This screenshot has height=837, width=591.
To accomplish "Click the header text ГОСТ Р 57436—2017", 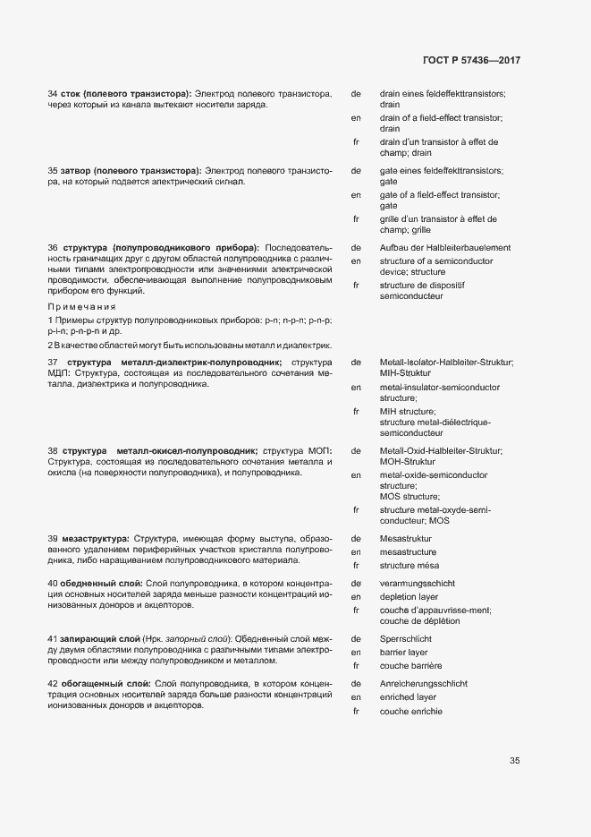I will pos(470,61).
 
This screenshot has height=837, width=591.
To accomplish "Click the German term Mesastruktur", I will pos(405,539).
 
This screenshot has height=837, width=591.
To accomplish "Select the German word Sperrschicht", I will pos(405,639).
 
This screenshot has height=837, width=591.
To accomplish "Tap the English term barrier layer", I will pos(405,653).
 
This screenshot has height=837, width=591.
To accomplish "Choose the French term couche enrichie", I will pos(410,711).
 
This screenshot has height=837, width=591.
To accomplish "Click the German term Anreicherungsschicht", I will pos(423,683).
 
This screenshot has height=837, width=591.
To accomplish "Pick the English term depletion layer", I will pos(409,596).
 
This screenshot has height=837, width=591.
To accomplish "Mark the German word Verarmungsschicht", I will pos(418,583).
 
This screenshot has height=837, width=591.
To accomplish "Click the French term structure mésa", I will pos(409,566).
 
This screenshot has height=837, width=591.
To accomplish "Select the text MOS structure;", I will pos(409,496).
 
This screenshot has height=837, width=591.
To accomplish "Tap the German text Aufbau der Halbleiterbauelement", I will pos(444,247).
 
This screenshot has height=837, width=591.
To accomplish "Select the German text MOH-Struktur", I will pos(409,462).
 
